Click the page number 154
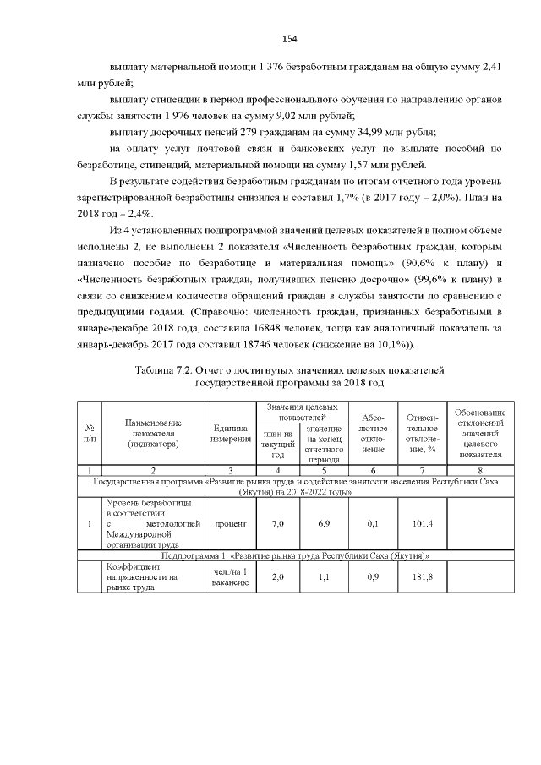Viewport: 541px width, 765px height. (x=290, y=40)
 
